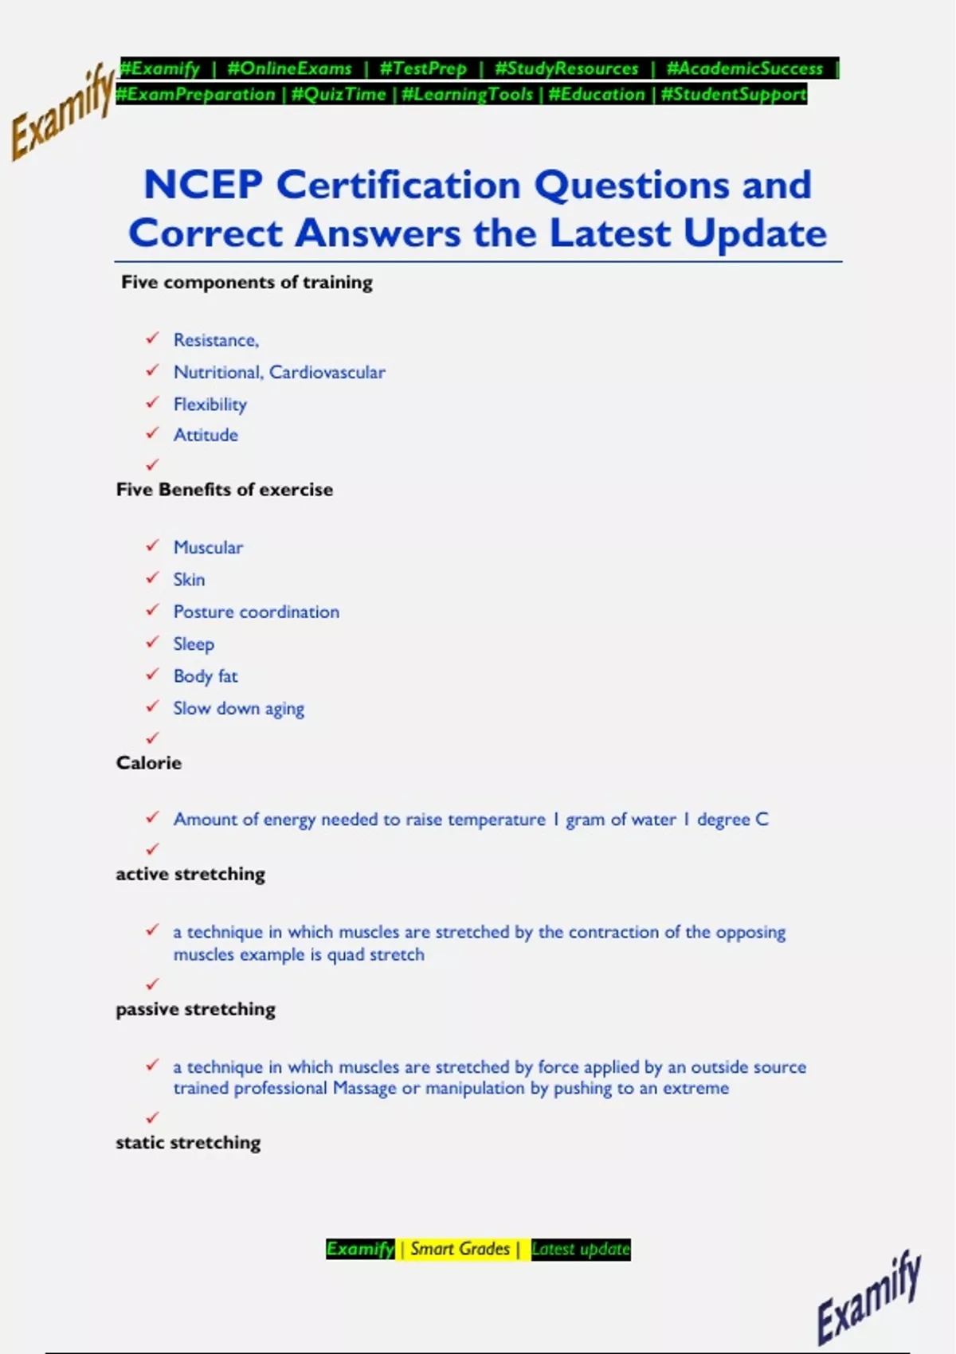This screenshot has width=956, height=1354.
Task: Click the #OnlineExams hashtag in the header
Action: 289,68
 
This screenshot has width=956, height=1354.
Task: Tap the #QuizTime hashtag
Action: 339,95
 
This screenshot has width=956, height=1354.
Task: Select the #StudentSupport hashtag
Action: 734,95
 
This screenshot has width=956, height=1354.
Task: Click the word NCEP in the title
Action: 203,185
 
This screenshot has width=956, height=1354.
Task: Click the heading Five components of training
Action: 247,283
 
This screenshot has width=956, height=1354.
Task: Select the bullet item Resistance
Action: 216,340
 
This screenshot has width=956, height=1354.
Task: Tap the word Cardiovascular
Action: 327,372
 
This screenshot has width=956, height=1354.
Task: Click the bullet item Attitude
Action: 206,435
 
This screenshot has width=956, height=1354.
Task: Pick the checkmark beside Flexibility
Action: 152,403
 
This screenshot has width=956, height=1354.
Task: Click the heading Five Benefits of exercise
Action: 225,490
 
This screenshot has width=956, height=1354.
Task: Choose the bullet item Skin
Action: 189,580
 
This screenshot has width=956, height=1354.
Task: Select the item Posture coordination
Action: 257,612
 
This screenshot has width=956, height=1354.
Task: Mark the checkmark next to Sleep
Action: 152,642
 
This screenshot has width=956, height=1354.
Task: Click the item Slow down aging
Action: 239,708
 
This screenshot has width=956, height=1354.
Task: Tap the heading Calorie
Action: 149,763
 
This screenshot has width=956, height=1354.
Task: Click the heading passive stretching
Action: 196,1009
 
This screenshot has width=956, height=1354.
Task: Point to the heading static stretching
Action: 188,1143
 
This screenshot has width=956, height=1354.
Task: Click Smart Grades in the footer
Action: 460,1249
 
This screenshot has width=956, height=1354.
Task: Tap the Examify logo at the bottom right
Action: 868,1297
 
